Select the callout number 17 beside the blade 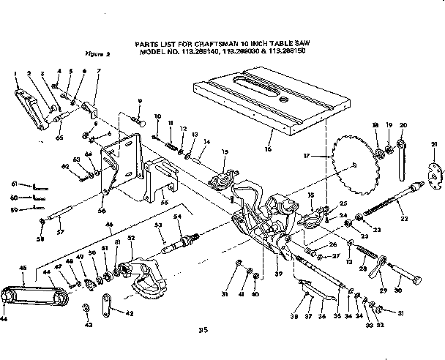pos(307,156)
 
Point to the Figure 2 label pos(97,53)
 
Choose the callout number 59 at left pos(14,210)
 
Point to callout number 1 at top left pos(15,73)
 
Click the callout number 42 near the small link pos(130,314)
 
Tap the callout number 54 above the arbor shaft pos(176,217)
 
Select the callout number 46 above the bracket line pos(109,224)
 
